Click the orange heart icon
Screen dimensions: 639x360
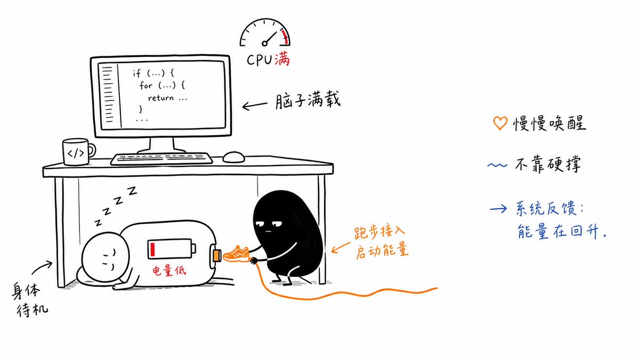point(500,123)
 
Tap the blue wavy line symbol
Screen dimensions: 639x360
point(497,165)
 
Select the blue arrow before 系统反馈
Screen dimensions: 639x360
point(498,209)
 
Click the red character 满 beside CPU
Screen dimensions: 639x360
point(282,60)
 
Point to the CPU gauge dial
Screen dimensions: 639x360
point(265,32)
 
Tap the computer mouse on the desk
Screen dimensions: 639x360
point(234,157)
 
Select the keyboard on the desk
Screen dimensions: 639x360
point(161,158)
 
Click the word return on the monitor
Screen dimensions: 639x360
point(160,98)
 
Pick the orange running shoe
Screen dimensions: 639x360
point(237,253)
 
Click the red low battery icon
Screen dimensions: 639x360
point(171,249)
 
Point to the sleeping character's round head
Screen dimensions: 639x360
point(105,257)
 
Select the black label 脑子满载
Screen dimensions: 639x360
point(308,100)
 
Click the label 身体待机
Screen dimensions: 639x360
point(30,300)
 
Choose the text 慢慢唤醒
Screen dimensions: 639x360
point(549,123)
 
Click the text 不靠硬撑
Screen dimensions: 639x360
point(548,164)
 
